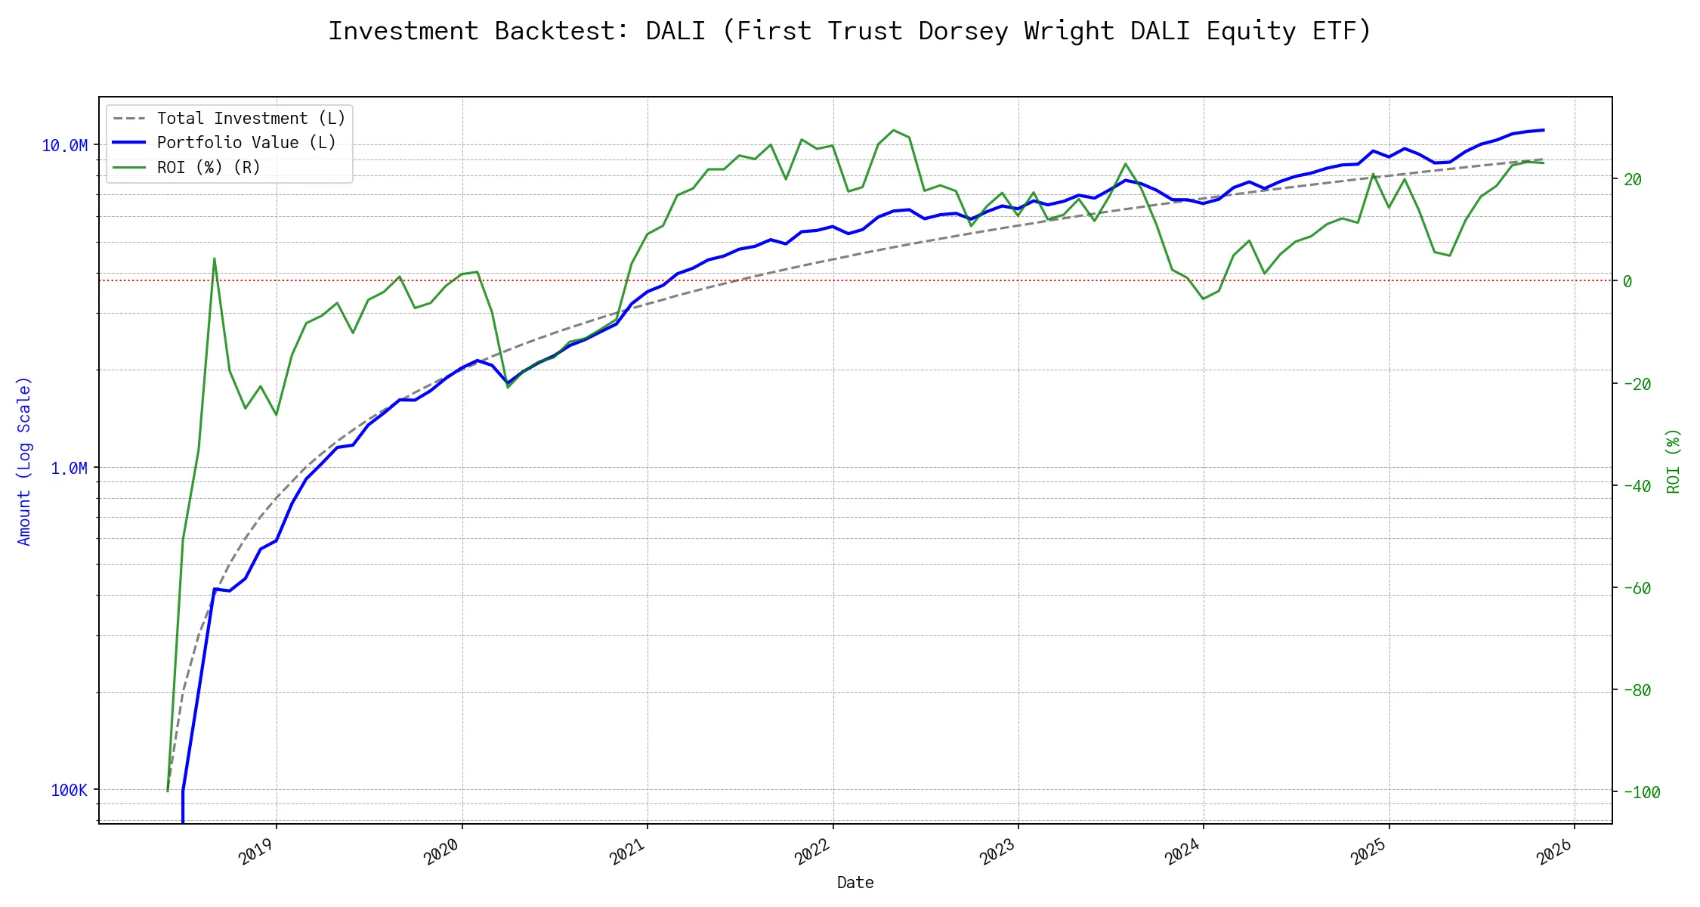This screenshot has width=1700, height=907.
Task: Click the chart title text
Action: point(849,31)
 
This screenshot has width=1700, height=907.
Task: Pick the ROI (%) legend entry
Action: point(208,168)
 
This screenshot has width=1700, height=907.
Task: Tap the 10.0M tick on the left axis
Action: point(64,146)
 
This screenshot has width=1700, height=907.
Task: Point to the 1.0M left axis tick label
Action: point(69,469)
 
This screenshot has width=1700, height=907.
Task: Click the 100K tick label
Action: point(69,791)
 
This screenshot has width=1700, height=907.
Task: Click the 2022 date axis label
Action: point(813,852)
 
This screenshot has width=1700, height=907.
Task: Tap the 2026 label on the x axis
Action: point(1555,852)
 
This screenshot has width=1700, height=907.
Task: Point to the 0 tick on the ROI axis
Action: point(1627,281)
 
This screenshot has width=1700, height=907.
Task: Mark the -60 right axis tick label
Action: point(1637,588)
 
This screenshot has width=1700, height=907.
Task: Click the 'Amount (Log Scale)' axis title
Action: point(24,461)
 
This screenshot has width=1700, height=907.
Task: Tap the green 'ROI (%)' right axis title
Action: point(1674,461)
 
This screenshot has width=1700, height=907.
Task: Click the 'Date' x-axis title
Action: point(855,883)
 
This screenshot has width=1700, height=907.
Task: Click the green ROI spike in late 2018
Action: point(214,258)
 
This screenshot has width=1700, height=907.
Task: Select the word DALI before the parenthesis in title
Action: point(675,31)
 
